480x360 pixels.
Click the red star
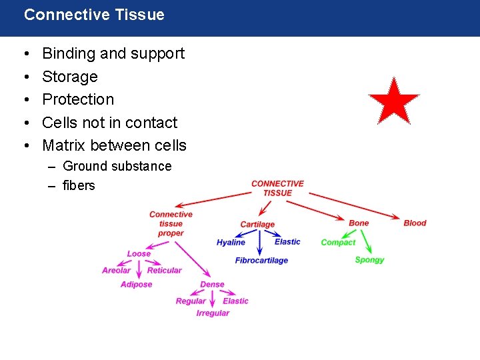click(393, 102)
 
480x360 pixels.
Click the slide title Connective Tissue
click(94, 15)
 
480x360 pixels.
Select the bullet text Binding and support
click(113, 53)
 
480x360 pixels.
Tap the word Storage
click(70, 77)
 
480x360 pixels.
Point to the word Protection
click(78, 99)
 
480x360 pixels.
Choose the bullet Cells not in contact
click(110, 123)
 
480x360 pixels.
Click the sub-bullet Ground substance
click(117, 166)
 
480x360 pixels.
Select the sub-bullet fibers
click(79, 185)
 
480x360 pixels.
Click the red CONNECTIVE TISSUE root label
click(277, 188)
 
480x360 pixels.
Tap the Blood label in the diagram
click(415, 223)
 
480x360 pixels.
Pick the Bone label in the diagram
click(359, 223)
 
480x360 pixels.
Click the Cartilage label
click(257, 225)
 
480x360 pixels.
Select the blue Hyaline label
click(231, 243)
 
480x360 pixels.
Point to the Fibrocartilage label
click(261, 261)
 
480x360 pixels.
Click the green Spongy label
click(369, 260)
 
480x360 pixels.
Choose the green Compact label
click(338, 243)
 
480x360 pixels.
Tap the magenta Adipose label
click(136, 285)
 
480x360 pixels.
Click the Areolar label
click(116, 271)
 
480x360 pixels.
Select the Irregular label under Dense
click(213, 313)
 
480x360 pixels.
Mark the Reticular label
click(164, 271)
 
